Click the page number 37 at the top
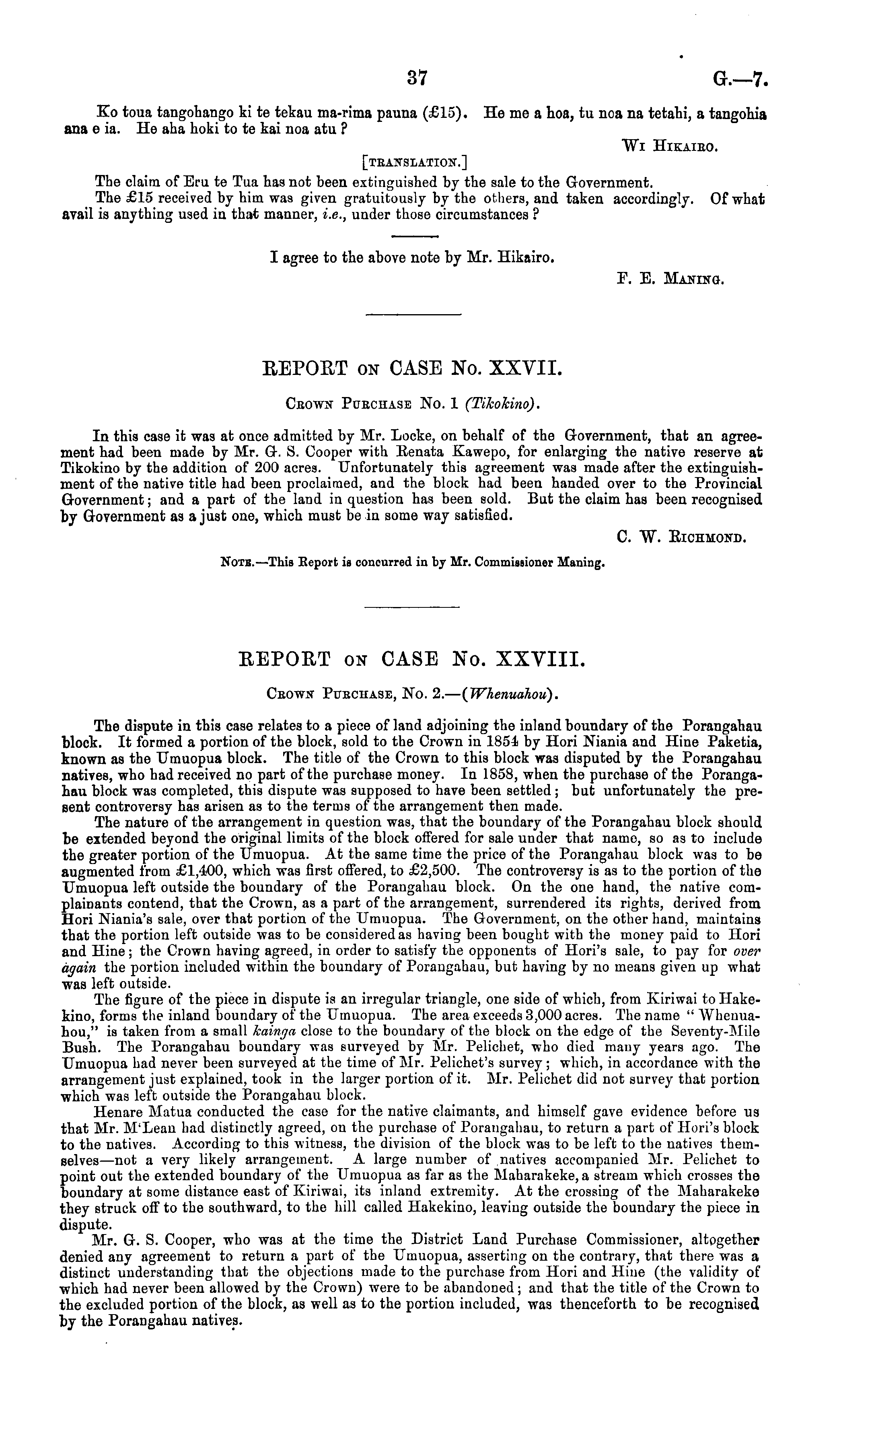point(417,77)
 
